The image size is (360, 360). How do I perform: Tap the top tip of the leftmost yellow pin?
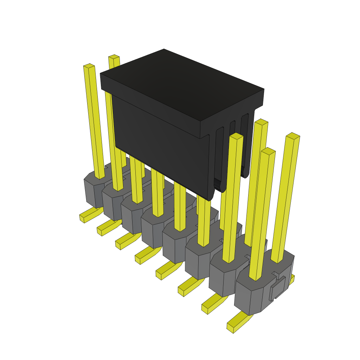point(89,66)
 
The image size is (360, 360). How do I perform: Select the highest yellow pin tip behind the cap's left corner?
point(114,57)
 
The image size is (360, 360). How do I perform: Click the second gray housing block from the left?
point(112,204)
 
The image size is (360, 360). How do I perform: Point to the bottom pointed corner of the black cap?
point(210,200)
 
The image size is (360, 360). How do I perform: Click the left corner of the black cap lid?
point(101,74)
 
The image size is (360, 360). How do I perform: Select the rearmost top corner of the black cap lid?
point(164,50)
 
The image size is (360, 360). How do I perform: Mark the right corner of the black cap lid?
point(263,90)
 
